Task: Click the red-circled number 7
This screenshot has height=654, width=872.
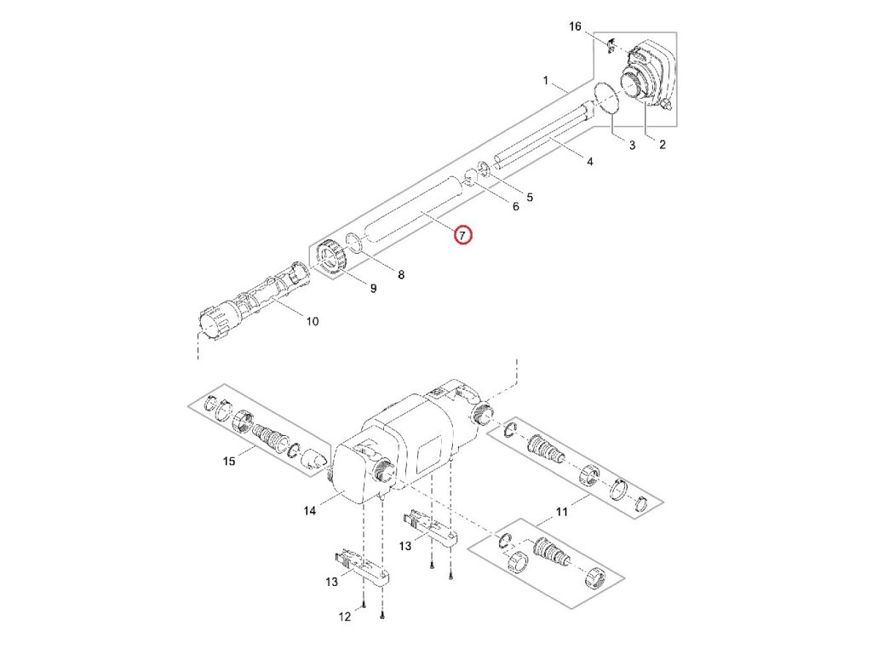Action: [462, 234]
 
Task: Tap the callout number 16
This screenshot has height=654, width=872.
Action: [576, 27]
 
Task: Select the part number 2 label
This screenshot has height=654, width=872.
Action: [663, 146]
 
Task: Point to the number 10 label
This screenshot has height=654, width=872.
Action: [312, 321]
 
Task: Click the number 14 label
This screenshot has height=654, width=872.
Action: [310, 510]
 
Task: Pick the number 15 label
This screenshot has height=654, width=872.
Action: [228, 462]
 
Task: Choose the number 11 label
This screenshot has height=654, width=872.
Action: [561, 511]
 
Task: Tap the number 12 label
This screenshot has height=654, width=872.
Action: [344, 617]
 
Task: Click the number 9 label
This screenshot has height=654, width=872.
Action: [372, 289]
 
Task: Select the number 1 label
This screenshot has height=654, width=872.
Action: [546, 81]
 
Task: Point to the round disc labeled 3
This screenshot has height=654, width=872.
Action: [605, 98]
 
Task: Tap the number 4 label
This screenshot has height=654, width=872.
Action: [591, 162]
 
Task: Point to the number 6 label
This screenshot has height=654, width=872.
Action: [515, 207]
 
